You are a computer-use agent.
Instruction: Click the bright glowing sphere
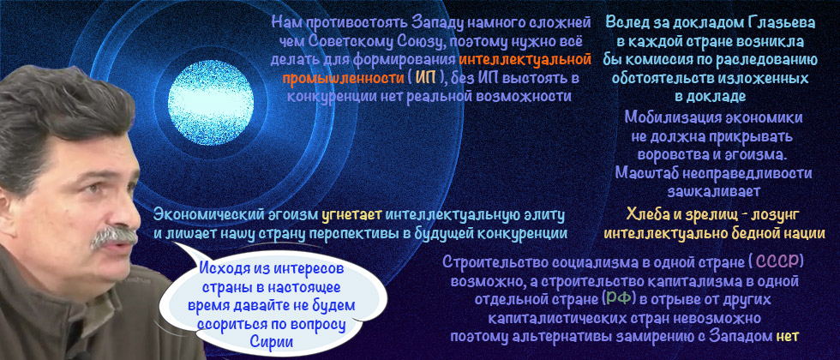tap(205, 90)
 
